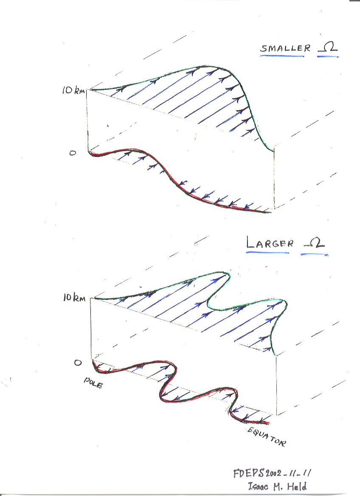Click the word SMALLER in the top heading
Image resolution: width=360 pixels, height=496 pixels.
(285, 48)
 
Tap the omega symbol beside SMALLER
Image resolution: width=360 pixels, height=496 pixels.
(328, 47)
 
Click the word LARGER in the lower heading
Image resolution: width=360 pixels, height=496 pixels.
(270, 243)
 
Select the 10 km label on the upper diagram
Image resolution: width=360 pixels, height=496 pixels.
(73, 91)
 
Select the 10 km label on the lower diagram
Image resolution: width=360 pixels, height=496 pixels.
(74, 298)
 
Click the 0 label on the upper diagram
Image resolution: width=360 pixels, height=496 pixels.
(73, 153)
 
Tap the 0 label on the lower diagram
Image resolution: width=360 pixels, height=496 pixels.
(78, 362)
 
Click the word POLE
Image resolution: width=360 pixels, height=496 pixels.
(93, 383)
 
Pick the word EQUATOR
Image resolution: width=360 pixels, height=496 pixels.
(266, 437)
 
